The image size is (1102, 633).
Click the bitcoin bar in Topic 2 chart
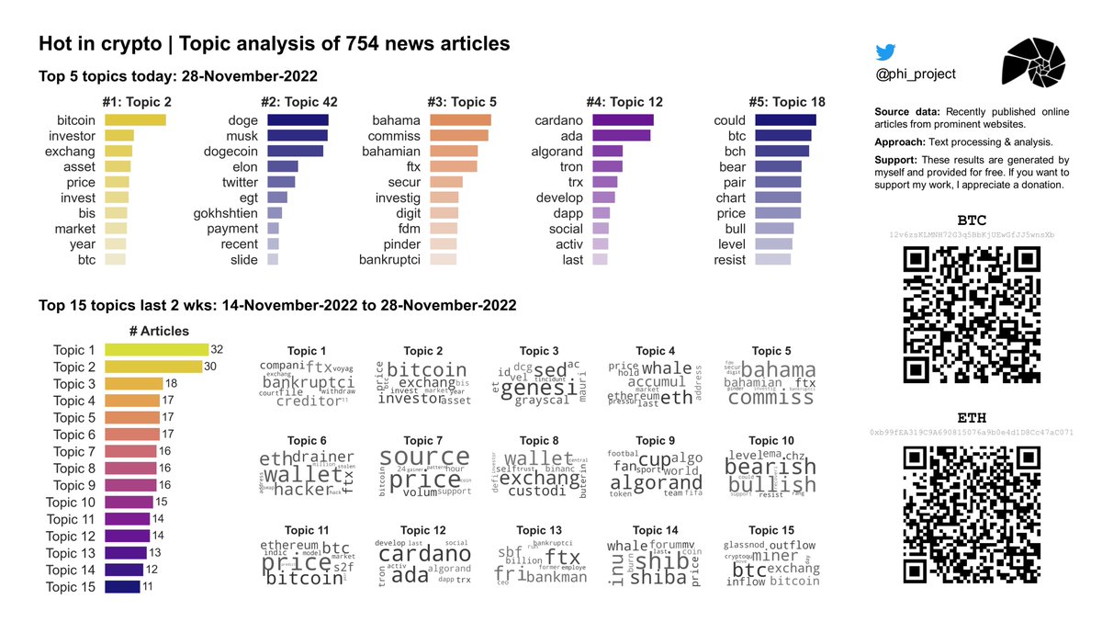(135, 120)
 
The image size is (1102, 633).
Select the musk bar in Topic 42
(298, 136)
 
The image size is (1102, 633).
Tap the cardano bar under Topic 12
(623, 120)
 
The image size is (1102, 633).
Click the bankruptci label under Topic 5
(388, 260)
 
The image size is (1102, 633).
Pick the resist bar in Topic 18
(772, 260)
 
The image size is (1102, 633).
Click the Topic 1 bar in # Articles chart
(156, 350)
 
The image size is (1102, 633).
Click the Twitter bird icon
(885, 52)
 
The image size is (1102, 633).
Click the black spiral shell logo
(1033, 69)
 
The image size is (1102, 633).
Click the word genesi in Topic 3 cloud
(526, 387)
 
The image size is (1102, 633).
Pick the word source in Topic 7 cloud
(423, 458)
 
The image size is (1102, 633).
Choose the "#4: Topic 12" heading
(624, 102)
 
